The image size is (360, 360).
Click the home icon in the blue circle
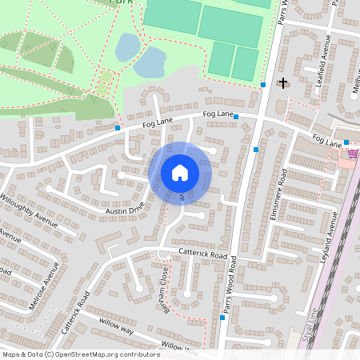click(180, 173)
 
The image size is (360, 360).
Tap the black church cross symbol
click(282, 82)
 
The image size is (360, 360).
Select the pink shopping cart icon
click(351, 153)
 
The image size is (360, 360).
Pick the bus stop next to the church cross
click(262, 84)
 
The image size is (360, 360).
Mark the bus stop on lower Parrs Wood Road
click(223, 317)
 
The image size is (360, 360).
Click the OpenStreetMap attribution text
click(81, 354)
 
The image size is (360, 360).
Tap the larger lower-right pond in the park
click(150, 62)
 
